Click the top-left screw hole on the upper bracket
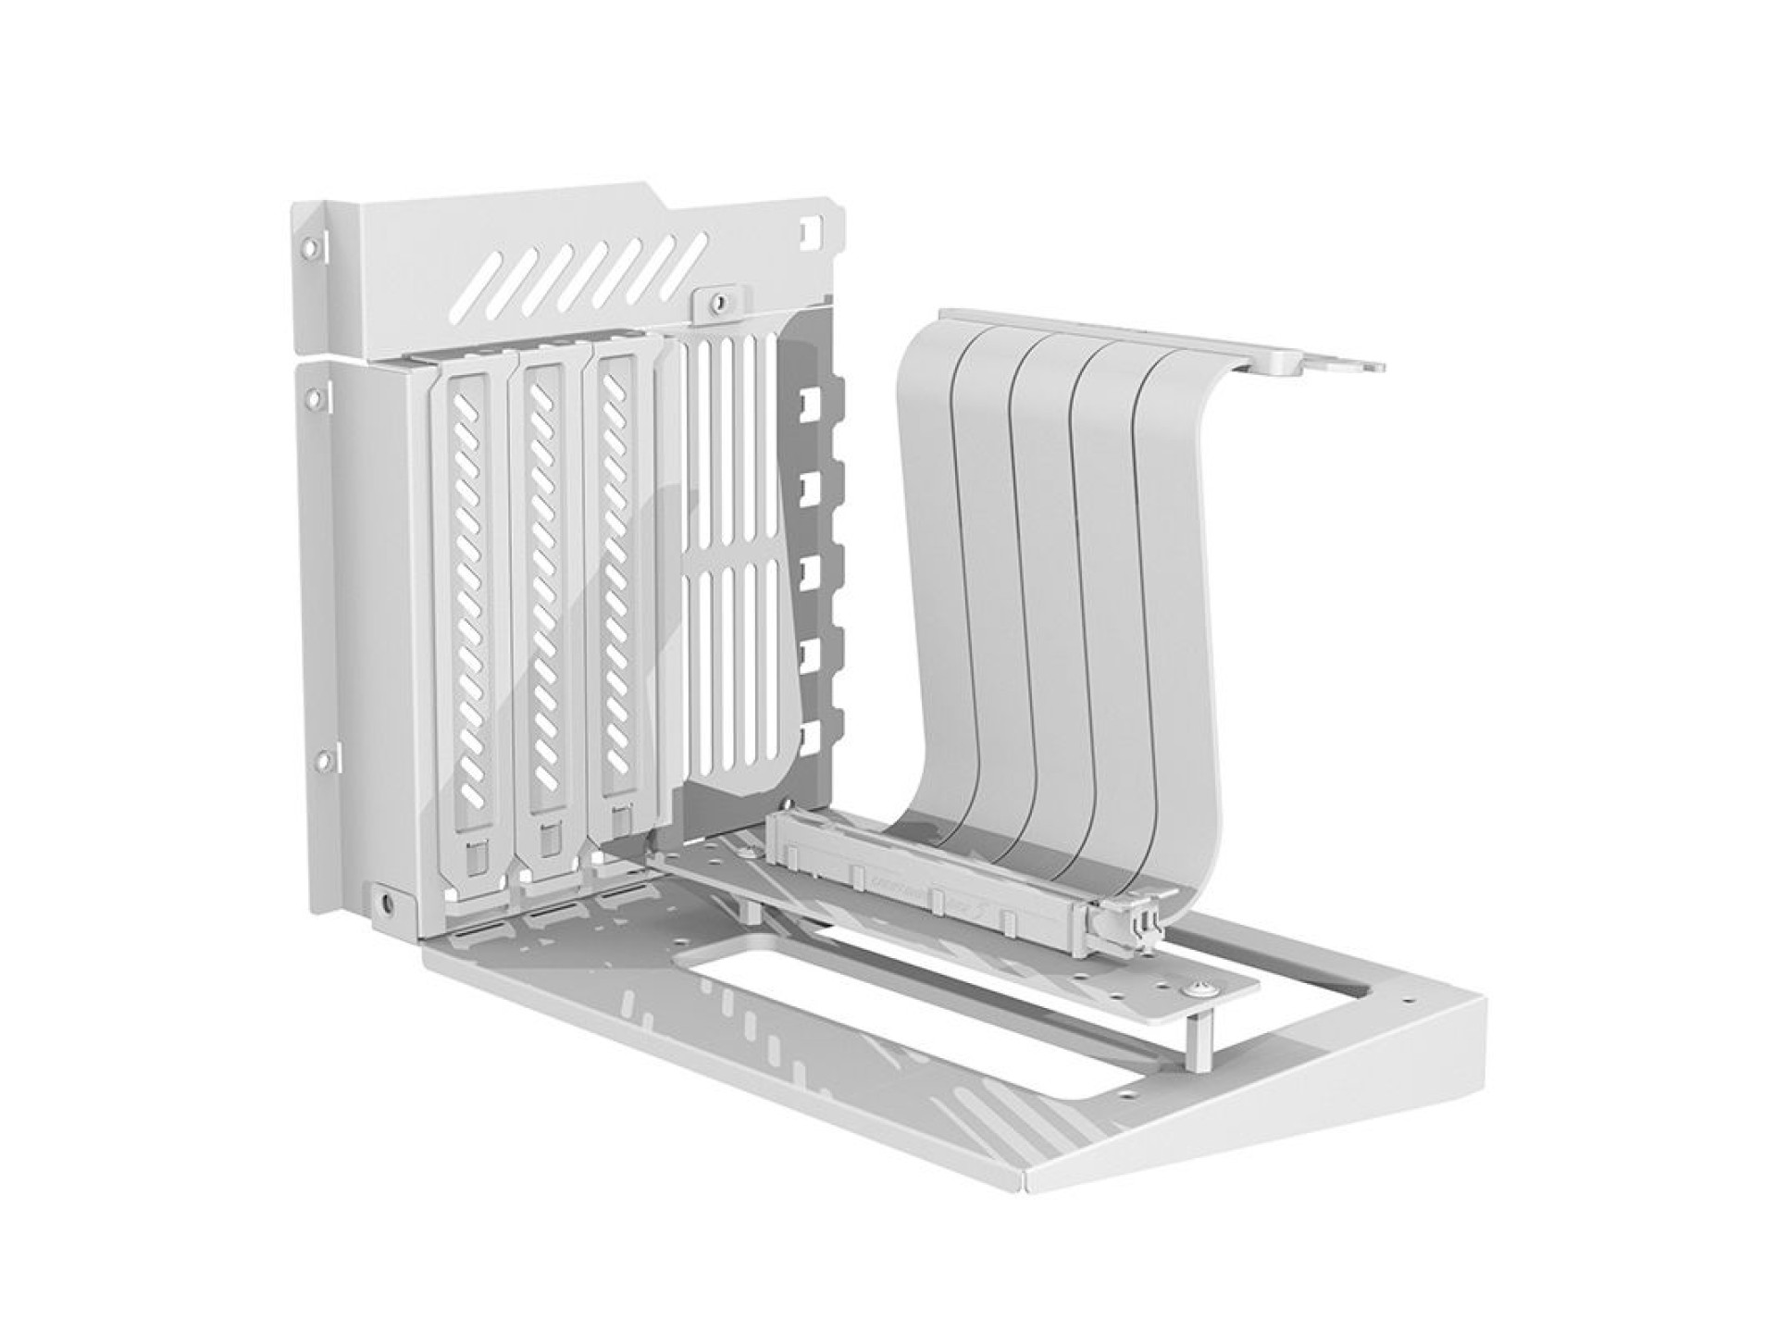(x=308, y=247)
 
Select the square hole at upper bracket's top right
(x=812, y=226)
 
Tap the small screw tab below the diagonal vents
(x=715, y=302)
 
